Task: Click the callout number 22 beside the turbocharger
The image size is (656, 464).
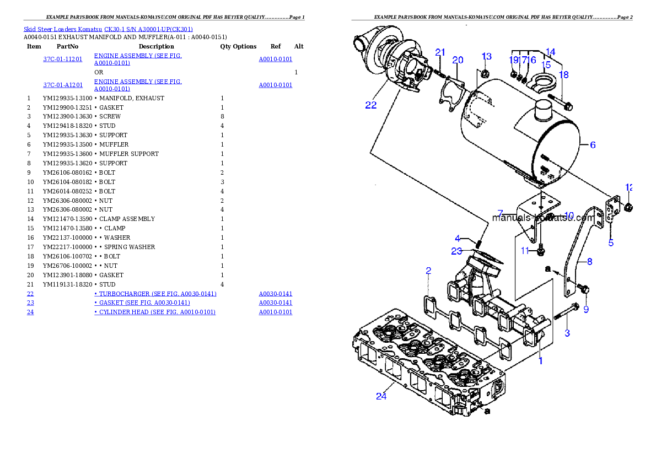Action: [x=371, y=105]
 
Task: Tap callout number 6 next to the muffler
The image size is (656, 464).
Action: [x=593, y=145]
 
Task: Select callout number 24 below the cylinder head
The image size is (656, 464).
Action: [x=381, y=396]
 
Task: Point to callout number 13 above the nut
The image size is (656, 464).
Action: [x=486, y=56]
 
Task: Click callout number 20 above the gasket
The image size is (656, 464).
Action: [x=458, y=60]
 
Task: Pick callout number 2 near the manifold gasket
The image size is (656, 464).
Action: [x=428, y=271]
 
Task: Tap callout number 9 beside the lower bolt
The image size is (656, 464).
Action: [x=586, y=310]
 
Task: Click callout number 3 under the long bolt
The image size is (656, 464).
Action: [x=567, y=333]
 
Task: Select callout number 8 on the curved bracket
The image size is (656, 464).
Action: [x=589, y=262]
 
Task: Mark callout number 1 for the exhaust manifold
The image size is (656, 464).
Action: [x=540, y=361]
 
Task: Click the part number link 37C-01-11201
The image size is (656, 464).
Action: [x=63, y=59]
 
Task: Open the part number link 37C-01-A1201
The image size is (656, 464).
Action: [x=63, y=85]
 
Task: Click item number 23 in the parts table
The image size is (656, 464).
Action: [x=30, y=303]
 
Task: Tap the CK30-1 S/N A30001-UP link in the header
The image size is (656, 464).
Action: [x=149, y=29]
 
